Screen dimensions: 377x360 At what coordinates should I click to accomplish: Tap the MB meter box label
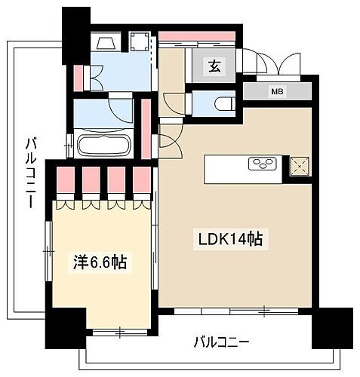click(277, 92)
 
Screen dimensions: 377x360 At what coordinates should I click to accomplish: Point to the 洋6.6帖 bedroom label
click(98, 263)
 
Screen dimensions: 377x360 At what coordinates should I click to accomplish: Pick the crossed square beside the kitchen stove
click(298, 164)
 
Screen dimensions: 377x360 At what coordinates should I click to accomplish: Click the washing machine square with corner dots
click(141, 41)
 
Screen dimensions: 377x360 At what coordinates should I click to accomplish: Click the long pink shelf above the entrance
click(199, 35)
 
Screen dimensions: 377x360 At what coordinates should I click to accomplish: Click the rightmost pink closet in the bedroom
click(142, 182)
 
